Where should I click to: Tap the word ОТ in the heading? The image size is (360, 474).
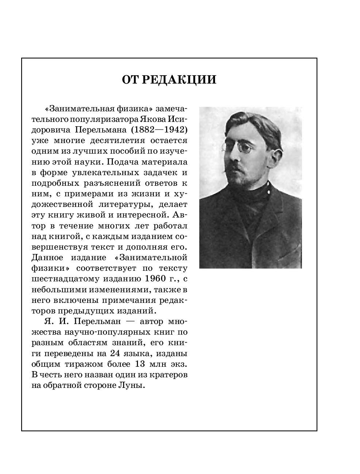130,79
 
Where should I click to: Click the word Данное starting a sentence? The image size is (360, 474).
47,258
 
